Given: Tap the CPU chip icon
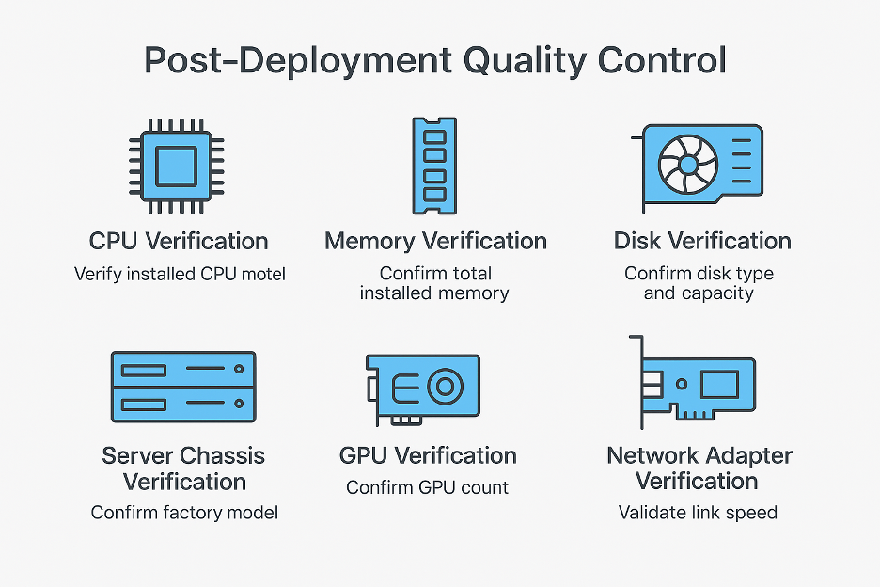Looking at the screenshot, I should tap(176, 166).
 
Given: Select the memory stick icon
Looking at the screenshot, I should tap(433, 166).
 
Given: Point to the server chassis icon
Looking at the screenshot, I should tap(183, 386).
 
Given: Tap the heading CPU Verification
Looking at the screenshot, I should tap(179, 241).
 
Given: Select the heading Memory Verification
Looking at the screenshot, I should tap(435, 241).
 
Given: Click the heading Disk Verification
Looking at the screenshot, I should tap(702, 241).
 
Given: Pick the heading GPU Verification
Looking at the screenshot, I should tap(428, 456).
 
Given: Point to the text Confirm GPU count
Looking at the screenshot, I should tap(427, 487).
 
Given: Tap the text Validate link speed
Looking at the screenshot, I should tap(698, 513).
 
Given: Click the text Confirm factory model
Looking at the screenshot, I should tap(184, 513).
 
